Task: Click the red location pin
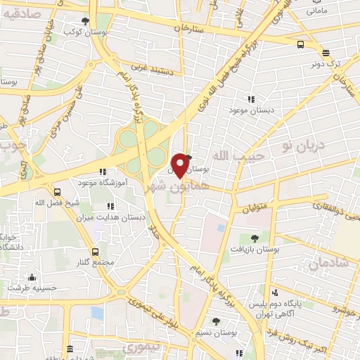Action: point(181,165)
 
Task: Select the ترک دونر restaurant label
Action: point(326,63)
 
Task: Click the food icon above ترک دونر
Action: point(326,52)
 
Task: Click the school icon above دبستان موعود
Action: point(251,100)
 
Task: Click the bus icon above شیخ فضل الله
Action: point(57,192)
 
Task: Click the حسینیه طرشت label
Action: point(32,288)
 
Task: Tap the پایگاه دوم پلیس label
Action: point(304,292)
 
